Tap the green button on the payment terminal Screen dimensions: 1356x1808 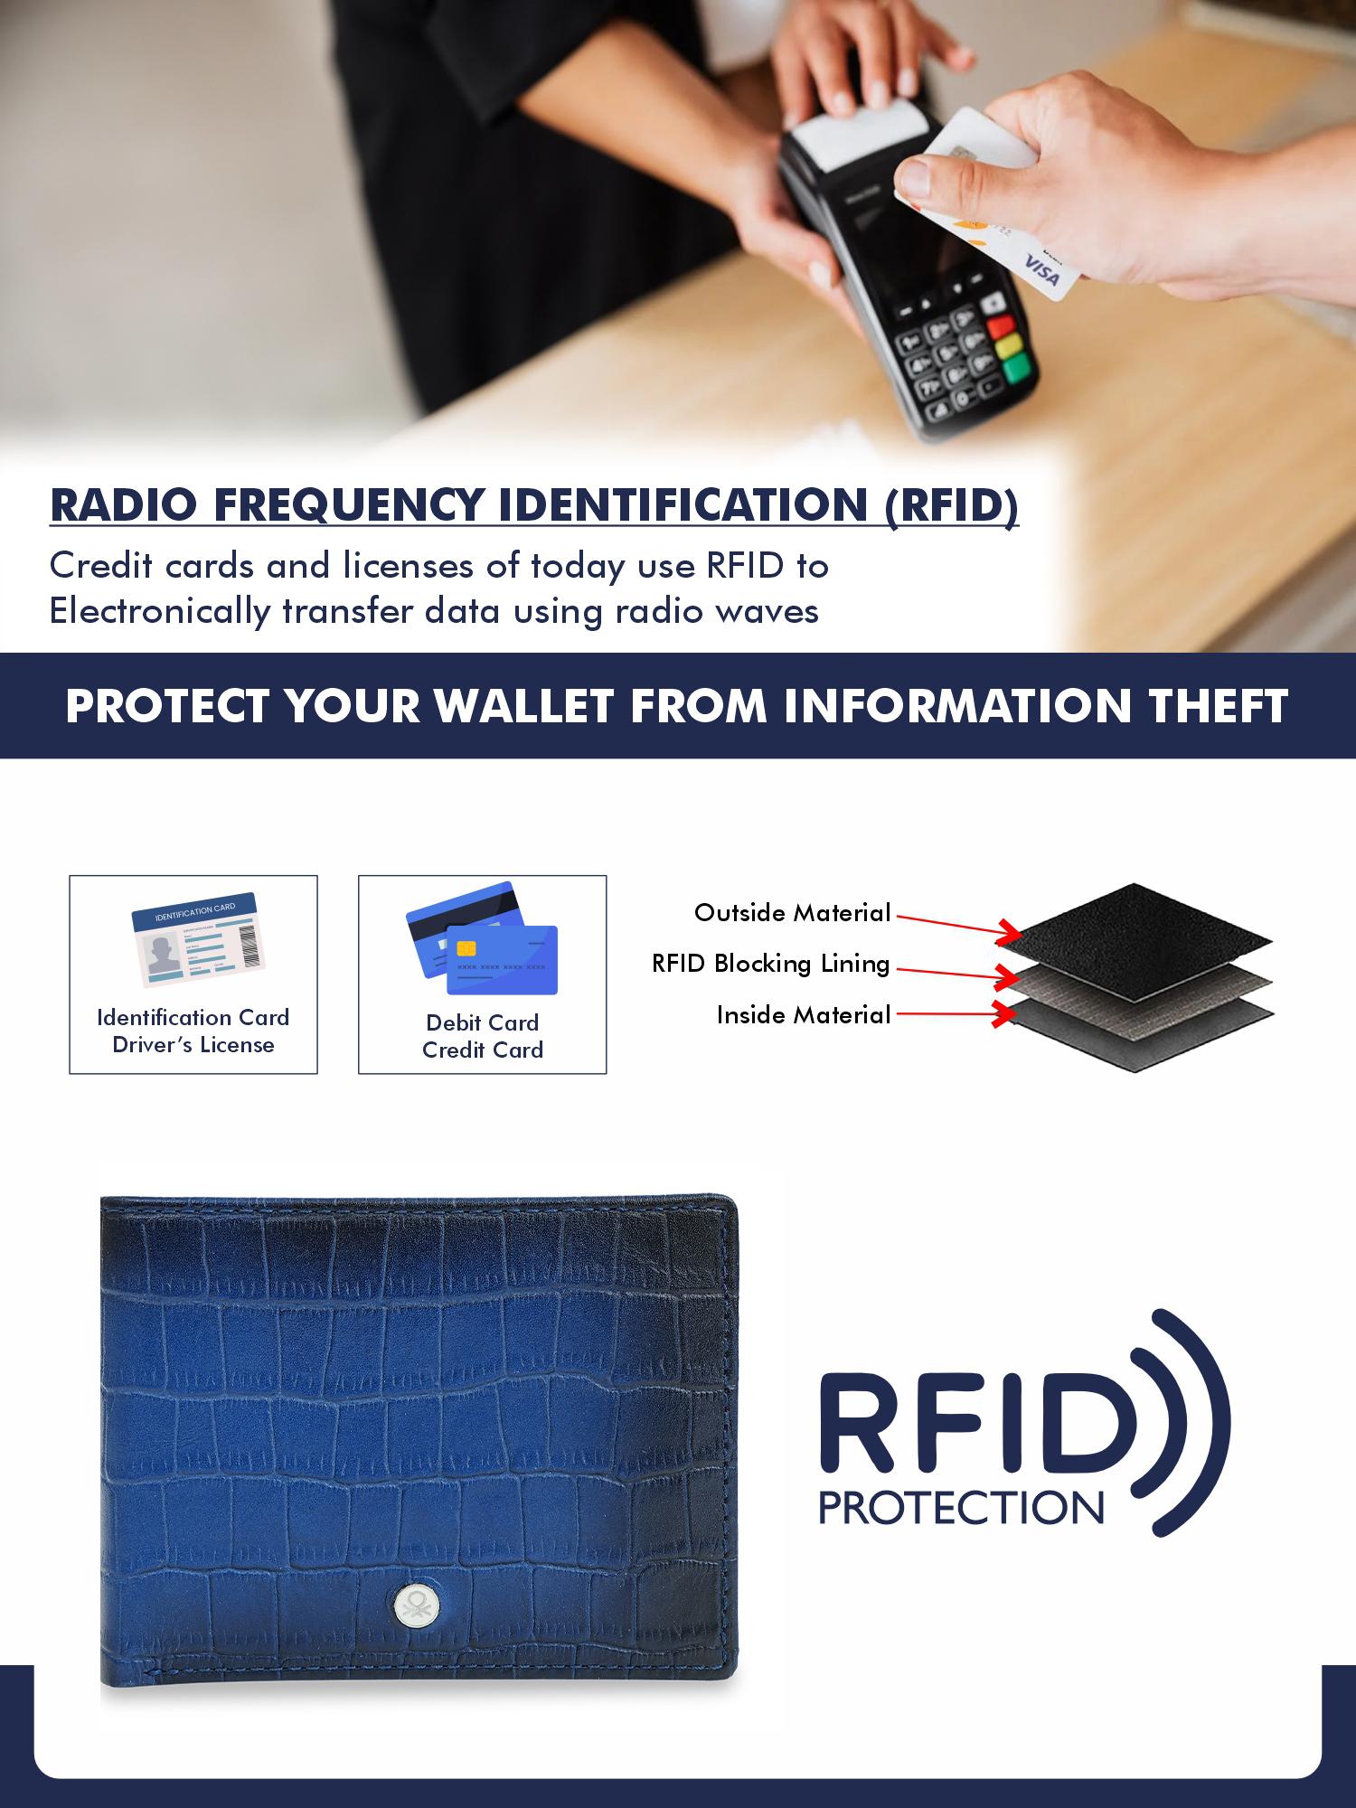click(1017, 366)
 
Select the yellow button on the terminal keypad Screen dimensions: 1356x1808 click(1008, 346)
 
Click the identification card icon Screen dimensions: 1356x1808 click(194, 939)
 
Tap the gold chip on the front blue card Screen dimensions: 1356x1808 click(466, 948)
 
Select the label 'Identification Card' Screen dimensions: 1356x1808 click(193, 1017)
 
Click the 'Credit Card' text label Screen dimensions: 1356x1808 click(483, 1050)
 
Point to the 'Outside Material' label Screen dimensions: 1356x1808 click(793, 913)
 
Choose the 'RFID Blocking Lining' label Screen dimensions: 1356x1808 click(771, 965)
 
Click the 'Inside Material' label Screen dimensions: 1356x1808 click(805, 1015)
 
